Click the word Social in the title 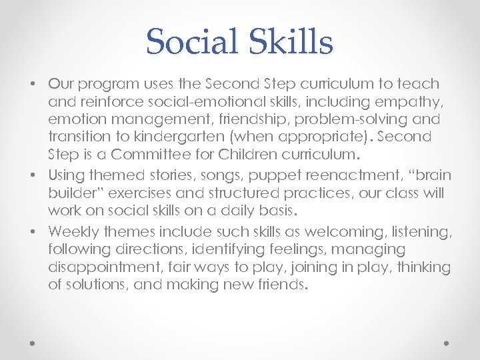pyautogui.click(x=192, y=41)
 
